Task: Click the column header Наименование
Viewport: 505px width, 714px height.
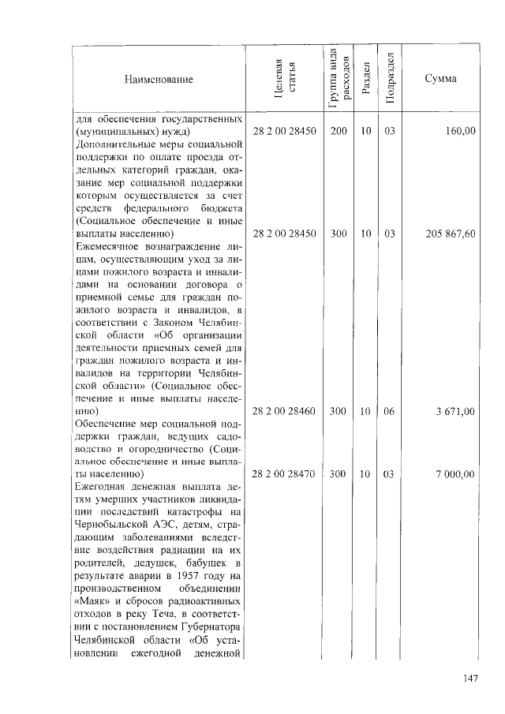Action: (x=158, y=80)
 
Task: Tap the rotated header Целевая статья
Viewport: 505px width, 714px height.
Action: (x=284, y=79)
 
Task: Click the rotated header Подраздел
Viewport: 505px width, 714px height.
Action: (x=390, y=77)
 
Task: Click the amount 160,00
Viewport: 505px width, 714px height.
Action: (x=460, y=132)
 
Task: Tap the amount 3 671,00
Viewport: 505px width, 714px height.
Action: (x=455, y=412)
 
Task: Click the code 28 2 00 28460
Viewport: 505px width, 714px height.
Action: (x=284, y=412)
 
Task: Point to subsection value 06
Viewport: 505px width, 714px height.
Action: (x=389, y=412)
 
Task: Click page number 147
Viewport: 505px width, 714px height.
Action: (x=472, y=678)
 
